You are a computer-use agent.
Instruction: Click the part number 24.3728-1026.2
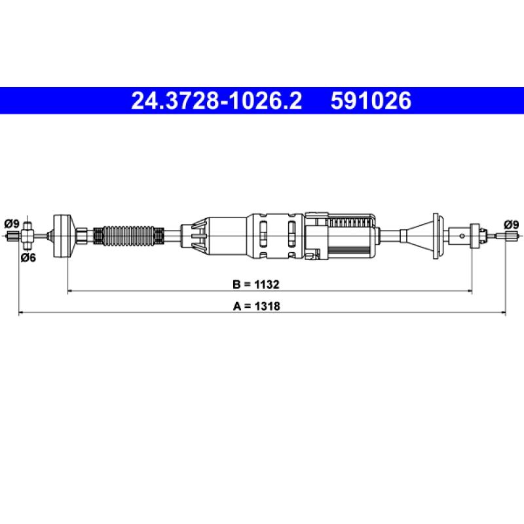pyautogui.click(x=217, y=101)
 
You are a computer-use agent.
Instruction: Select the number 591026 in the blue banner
pyautogui.click(x=371, y=101)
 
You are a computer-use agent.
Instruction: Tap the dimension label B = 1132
pyautogui.click(x=256, y=284)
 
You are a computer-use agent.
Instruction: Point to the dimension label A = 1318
pyautogui.click(x=256, y=306)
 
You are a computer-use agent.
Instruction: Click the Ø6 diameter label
pyautogui.click(x=28, y=257)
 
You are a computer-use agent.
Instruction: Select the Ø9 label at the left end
pyautogui.click(x=12, y=223)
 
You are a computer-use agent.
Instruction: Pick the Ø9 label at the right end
pyautogui.click(x=512, y=224)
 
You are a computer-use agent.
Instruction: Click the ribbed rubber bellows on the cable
pyautogui.click(x=128, y=236)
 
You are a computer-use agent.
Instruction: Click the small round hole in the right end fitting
pyautogui.click(x=462, y=236)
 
